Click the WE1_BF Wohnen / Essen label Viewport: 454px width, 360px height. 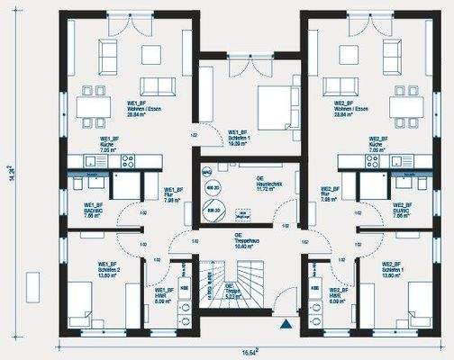pyautogui.click(x=137, y=110)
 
